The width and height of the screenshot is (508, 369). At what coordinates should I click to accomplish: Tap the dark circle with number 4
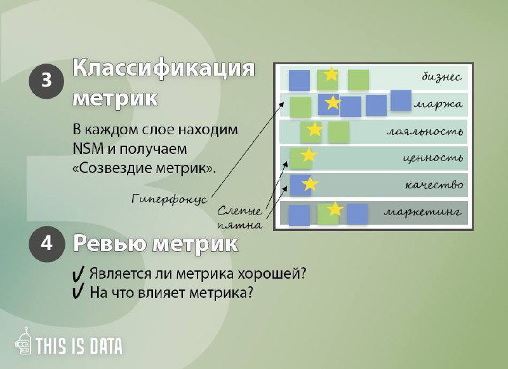pyautogui.click(x=46, y=244)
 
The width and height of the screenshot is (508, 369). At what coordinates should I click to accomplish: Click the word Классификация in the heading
pyautogui.click(x=164, y=69)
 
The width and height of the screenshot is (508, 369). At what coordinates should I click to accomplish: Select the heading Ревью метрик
pyautogui.click(x=156, y=244)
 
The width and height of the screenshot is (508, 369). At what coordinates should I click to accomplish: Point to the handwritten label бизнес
pyautogui.click(x=441, y=77)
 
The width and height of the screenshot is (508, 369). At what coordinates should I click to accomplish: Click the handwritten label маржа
pyautogui.click(x=438, y=105)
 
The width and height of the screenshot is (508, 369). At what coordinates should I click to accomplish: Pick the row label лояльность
pyautogui.click(x=424, y=132)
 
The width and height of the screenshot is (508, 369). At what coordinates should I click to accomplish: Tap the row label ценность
pyautogui.click(x=433, y=158)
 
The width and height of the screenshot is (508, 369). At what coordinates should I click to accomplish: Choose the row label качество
pyautogui.click(x=434, y=185)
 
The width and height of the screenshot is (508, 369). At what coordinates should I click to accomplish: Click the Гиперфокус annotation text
pyautogui.click(x=170, y=198)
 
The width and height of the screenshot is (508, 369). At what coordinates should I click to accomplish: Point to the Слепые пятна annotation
pyautogui.click(x=240, y=218)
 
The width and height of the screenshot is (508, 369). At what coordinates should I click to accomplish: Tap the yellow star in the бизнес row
pyautogui.click(x=331, y=74)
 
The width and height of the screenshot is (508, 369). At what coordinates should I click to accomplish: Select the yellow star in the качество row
pyautogui.click(x=310, y=184)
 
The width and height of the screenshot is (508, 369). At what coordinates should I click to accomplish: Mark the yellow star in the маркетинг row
pyautogui.click(x=335, y=209)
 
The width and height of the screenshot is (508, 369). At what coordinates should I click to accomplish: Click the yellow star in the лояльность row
pyautogui.click(x=314, y=130)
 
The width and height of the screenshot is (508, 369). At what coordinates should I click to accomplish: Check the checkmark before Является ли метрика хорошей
pyautogui.click(x=77, y=274)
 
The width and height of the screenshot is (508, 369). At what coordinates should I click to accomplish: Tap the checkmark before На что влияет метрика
pyautogui.click(x=77, y=291)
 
